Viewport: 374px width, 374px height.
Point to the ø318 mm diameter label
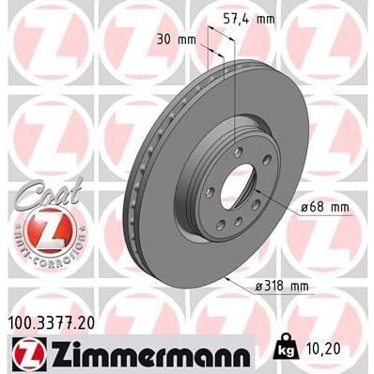tap(290, 284)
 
